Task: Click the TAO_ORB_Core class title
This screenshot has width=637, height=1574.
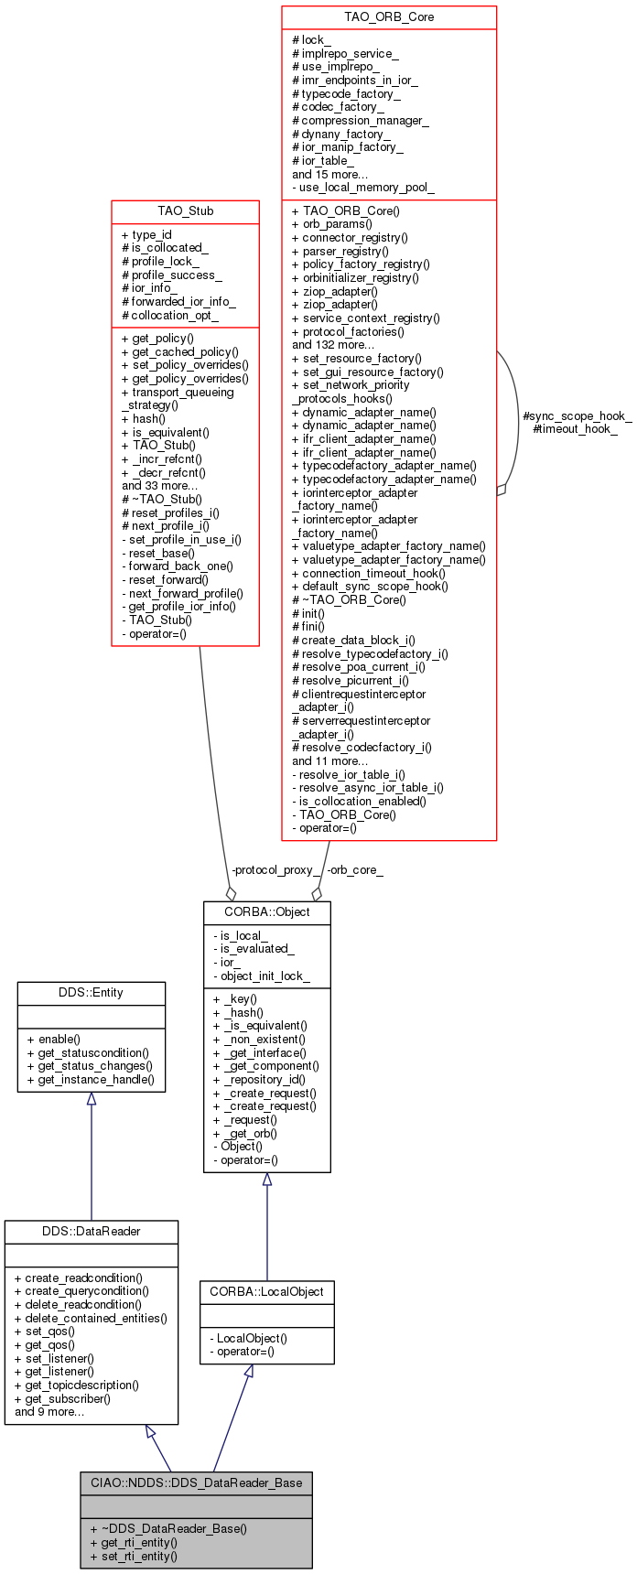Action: pos(389,17)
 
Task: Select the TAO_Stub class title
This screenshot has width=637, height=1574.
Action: pos(185,211)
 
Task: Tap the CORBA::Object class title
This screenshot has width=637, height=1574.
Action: pos(266,912)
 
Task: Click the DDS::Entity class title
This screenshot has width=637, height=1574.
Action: pos(91,993)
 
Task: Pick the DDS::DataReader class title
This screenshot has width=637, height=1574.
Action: pos(91,1232)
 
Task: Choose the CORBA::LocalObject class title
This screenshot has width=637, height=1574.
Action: pos(266,1292)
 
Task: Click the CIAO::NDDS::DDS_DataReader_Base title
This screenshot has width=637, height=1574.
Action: pos(196,1482)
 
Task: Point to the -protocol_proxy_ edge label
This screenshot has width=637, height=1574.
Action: pos(275,870)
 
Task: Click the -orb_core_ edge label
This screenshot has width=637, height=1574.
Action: pos(355,870)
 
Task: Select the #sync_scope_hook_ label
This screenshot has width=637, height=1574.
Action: pos(577,416)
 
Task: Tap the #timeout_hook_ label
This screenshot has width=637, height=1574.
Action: pos(575,429)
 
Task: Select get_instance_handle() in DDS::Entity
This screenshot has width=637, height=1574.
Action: pos(91,1080)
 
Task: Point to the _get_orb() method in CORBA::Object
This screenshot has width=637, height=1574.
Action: pos(245,1133)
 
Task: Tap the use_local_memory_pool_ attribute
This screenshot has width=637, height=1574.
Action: pos(363,188)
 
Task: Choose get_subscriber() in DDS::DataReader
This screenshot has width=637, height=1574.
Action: pos(62,1398)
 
